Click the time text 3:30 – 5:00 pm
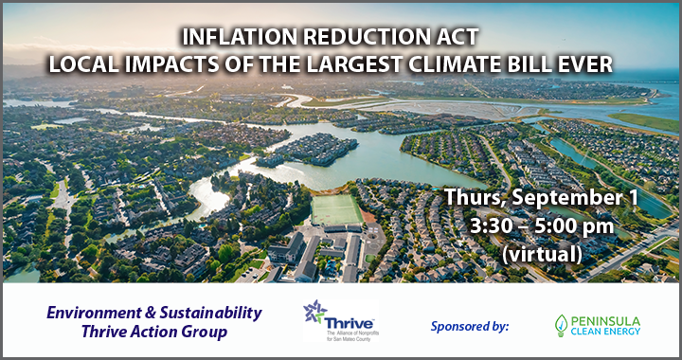point(542,227)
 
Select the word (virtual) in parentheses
point(542,254)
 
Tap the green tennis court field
point(336,208)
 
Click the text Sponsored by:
point(470,326)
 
